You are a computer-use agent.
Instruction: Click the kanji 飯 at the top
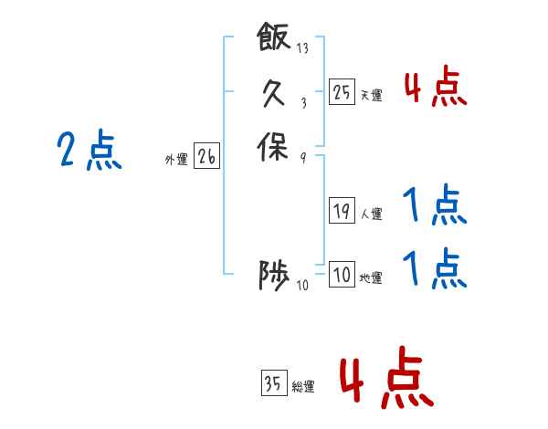(x=274, y=37)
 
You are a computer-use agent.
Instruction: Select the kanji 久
(x=274, y=92)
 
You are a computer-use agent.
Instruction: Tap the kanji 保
(x=273, y=147)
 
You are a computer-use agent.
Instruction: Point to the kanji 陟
(x=274, y=276)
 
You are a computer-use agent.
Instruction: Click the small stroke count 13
(x=302, y=47)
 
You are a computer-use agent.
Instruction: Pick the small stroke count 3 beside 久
(x=304, y=103)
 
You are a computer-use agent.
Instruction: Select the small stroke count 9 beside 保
(x=303, y=158)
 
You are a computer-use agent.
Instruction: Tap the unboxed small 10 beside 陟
(x=302, y=286)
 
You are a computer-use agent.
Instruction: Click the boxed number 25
(x=342, y=92)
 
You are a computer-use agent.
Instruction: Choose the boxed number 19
(x=342, y=210)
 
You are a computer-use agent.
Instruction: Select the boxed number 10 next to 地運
(x=342, y=274)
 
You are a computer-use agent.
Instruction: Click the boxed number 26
(x=207, y=155)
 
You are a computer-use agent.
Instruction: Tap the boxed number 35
(x=274, y=382)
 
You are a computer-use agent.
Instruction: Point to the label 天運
(x=372, y=95)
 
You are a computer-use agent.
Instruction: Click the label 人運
(x=372, y=214)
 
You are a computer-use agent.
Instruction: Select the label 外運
(x=176, y=160)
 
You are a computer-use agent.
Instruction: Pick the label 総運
(x=303, y=386)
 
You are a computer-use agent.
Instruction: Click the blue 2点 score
(x=90, y=151)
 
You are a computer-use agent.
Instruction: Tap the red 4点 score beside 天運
(x=436, y=86)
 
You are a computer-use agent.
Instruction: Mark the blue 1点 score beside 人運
(x=435, y=204)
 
